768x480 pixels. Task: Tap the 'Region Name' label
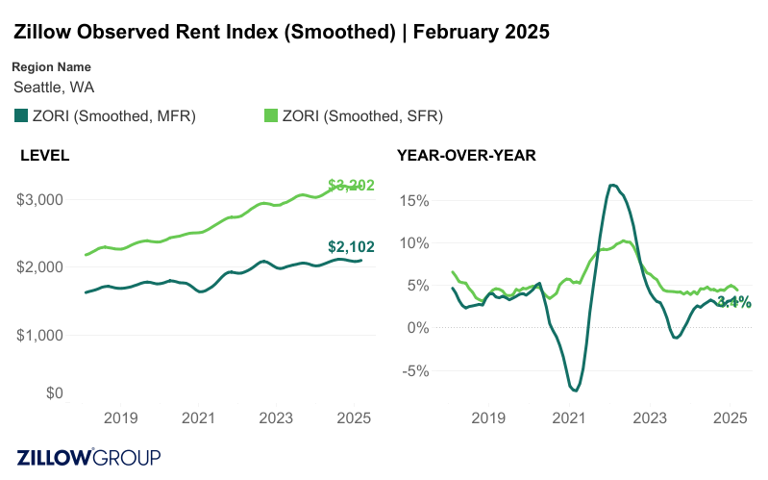(52, 67)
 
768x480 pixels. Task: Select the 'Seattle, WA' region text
(54, 87)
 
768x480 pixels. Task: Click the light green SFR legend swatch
(271, 116)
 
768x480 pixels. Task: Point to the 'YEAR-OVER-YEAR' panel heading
(466, 155)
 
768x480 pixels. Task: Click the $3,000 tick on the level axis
(40, 200)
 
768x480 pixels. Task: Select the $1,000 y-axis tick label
(40, 335)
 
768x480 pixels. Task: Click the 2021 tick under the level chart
(197, 418)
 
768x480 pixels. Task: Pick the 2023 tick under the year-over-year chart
(650, 418)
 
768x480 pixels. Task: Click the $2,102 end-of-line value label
(349, 247)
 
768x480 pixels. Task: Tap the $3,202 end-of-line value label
(350, 185)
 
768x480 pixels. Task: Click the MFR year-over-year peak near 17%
(611, 185)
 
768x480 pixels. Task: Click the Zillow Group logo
(88, 457)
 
